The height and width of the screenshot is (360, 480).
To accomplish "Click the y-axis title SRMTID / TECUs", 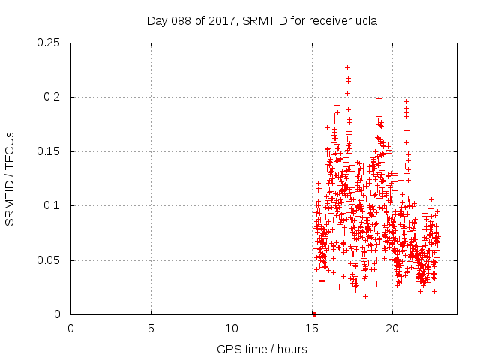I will tap(10, 178).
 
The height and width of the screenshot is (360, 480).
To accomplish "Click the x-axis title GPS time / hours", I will tap(262, 349).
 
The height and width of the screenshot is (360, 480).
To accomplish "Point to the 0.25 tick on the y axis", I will tap(49, 43).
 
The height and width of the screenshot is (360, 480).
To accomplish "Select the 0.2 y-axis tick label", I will tap(52, 97).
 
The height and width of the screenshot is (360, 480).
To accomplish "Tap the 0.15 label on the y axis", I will tap(49, 151).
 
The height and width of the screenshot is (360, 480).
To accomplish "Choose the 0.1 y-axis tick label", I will tap(52, 206).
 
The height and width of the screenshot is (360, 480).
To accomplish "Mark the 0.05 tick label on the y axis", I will tap(49, 260).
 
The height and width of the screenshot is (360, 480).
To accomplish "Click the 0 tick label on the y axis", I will tap(57, 315).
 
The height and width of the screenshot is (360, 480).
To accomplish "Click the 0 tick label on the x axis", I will tap(71, 328).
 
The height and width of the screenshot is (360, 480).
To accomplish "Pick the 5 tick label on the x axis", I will tap(151, 328).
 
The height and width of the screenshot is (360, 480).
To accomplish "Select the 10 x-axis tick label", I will tap(232, 328).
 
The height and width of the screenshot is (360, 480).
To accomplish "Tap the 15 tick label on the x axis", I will tap(312, 328).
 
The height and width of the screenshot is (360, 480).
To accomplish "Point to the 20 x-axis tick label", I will tap(392, 328).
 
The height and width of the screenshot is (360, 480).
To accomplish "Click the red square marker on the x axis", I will tap(314, 314).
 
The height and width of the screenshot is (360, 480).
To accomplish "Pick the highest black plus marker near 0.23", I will tap(347, 67).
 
